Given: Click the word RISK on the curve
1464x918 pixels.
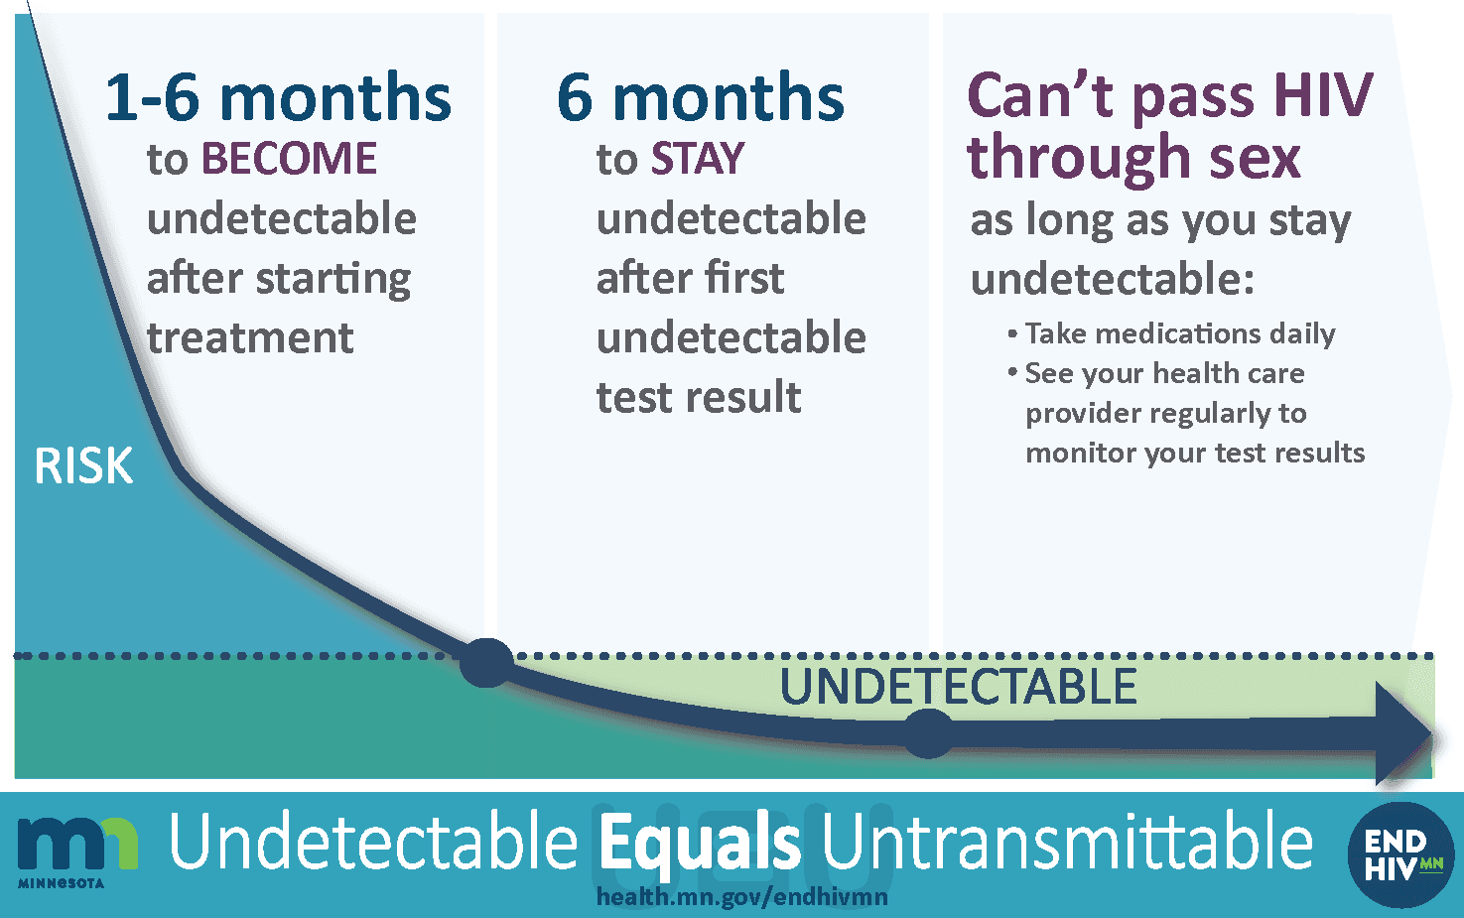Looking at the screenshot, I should [x=83, y=465].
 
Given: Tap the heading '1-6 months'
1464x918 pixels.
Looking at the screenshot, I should [x=278, y=98].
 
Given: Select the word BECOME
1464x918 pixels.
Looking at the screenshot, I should [x=289, y=159].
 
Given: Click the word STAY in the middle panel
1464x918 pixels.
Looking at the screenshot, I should [x=697, y=159].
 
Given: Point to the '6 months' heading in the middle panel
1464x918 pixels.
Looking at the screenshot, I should [x=701, y=98].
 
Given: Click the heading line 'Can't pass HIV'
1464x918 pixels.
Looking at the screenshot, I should [x=1169, y=95].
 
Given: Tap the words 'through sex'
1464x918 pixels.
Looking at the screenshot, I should [x=1133, y=158].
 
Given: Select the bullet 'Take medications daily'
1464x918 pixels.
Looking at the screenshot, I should [x=1179, y=333].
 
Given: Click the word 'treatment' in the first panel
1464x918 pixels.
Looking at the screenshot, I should [x=250, y=337].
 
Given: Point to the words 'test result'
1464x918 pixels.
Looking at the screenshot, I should [x=699, y=397].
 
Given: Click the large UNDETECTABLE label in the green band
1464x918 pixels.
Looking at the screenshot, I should [x=958, y=687].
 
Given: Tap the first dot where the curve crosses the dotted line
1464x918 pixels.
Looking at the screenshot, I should [x=486, y=663].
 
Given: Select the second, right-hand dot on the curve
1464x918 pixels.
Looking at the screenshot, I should [x=928, y=734].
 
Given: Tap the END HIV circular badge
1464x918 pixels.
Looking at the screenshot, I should [x=1400, y=854].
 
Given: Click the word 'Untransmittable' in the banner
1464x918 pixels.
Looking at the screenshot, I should [x=1067, y=842].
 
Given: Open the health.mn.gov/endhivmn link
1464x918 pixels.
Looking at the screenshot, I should [x=741, y=897].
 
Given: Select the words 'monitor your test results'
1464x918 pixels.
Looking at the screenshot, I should [x=1195, y=453].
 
